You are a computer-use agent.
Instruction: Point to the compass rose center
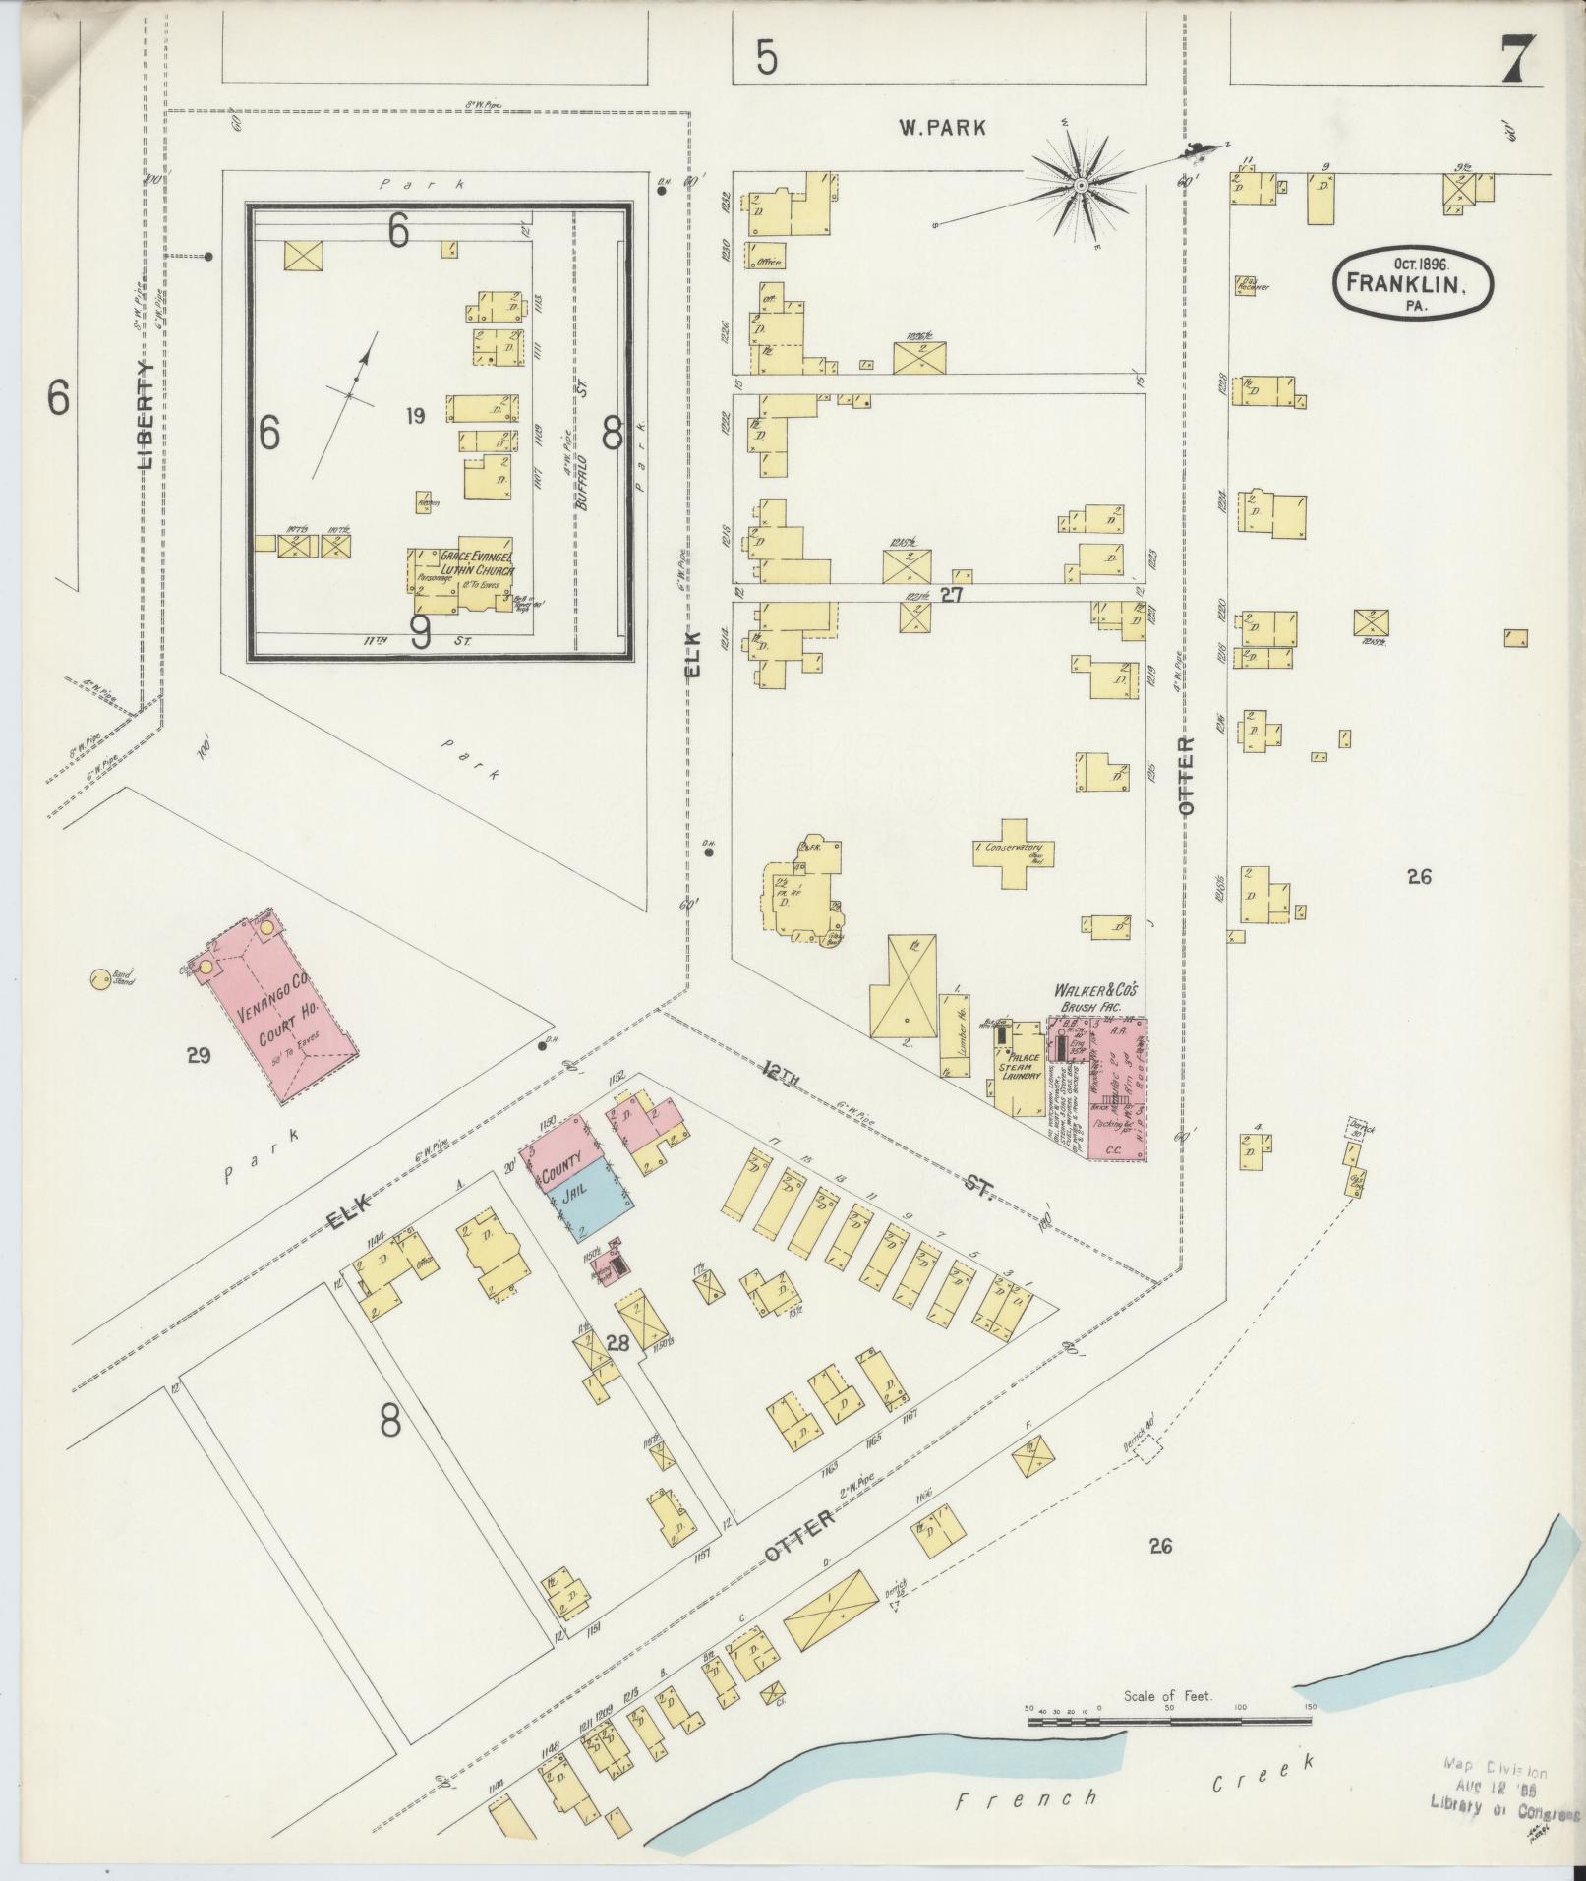[1079, 185]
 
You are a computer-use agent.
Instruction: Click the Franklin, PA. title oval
[1412, 284]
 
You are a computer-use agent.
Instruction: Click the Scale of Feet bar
[1170, 1721]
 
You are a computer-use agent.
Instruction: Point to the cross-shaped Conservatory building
[1015, 852]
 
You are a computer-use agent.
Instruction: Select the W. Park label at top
[941, 126]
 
